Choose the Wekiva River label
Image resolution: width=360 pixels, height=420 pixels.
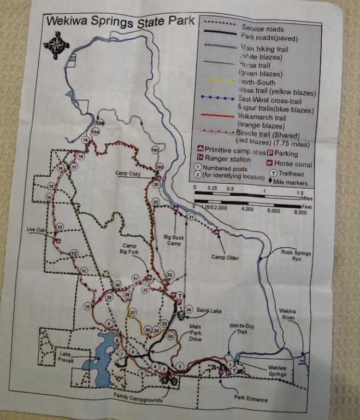click(288, 314)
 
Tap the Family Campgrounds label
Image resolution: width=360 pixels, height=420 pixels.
click(138, 400)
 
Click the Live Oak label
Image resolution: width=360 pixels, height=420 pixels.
click(37, 231)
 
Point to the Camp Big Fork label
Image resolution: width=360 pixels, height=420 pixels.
click(129, 249)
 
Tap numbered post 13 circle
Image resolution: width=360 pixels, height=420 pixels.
click(60, 226)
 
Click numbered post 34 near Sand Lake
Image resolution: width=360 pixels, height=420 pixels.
click(189, 310)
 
